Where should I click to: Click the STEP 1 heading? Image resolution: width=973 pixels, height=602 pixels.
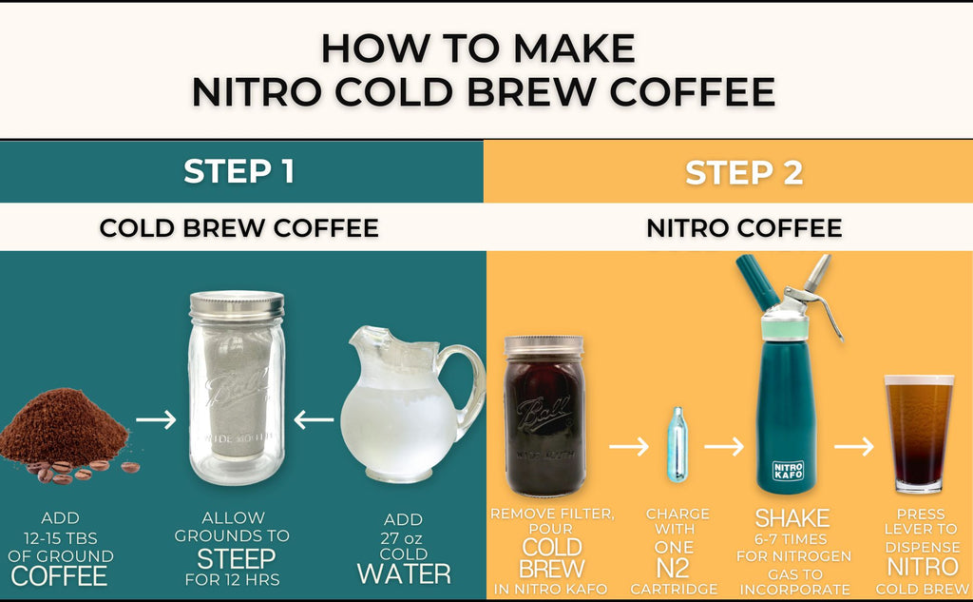(238, 171)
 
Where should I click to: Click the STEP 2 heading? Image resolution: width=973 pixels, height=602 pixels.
(744, 172)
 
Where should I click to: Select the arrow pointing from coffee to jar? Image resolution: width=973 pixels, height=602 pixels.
(157, 420)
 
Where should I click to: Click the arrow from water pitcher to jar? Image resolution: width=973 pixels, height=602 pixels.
(314, 420)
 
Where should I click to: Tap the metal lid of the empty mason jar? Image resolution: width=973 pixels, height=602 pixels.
(237, 305)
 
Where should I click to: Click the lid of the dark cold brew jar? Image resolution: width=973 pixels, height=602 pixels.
(544, 345)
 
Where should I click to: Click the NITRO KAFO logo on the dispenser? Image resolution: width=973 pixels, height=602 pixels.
(788, 471)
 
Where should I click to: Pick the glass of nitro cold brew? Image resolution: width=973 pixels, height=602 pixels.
(919, 433)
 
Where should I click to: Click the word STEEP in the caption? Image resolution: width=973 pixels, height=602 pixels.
(236, 559)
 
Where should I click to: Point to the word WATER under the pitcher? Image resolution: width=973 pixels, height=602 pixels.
(404, 574)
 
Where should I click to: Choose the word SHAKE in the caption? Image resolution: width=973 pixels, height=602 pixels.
(792, 518)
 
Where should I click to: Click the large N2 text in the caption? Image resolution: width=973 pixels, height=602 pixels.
(673, 569)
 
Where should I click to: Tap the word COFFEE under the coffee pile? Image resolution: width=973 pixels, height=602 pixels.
(59, 576)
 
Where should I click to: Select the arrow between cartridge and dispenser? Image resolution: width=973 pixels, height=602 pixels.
(723, 446)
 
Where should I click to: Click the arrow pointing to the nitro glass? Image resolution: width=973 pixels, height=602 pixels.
(854, 446)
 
